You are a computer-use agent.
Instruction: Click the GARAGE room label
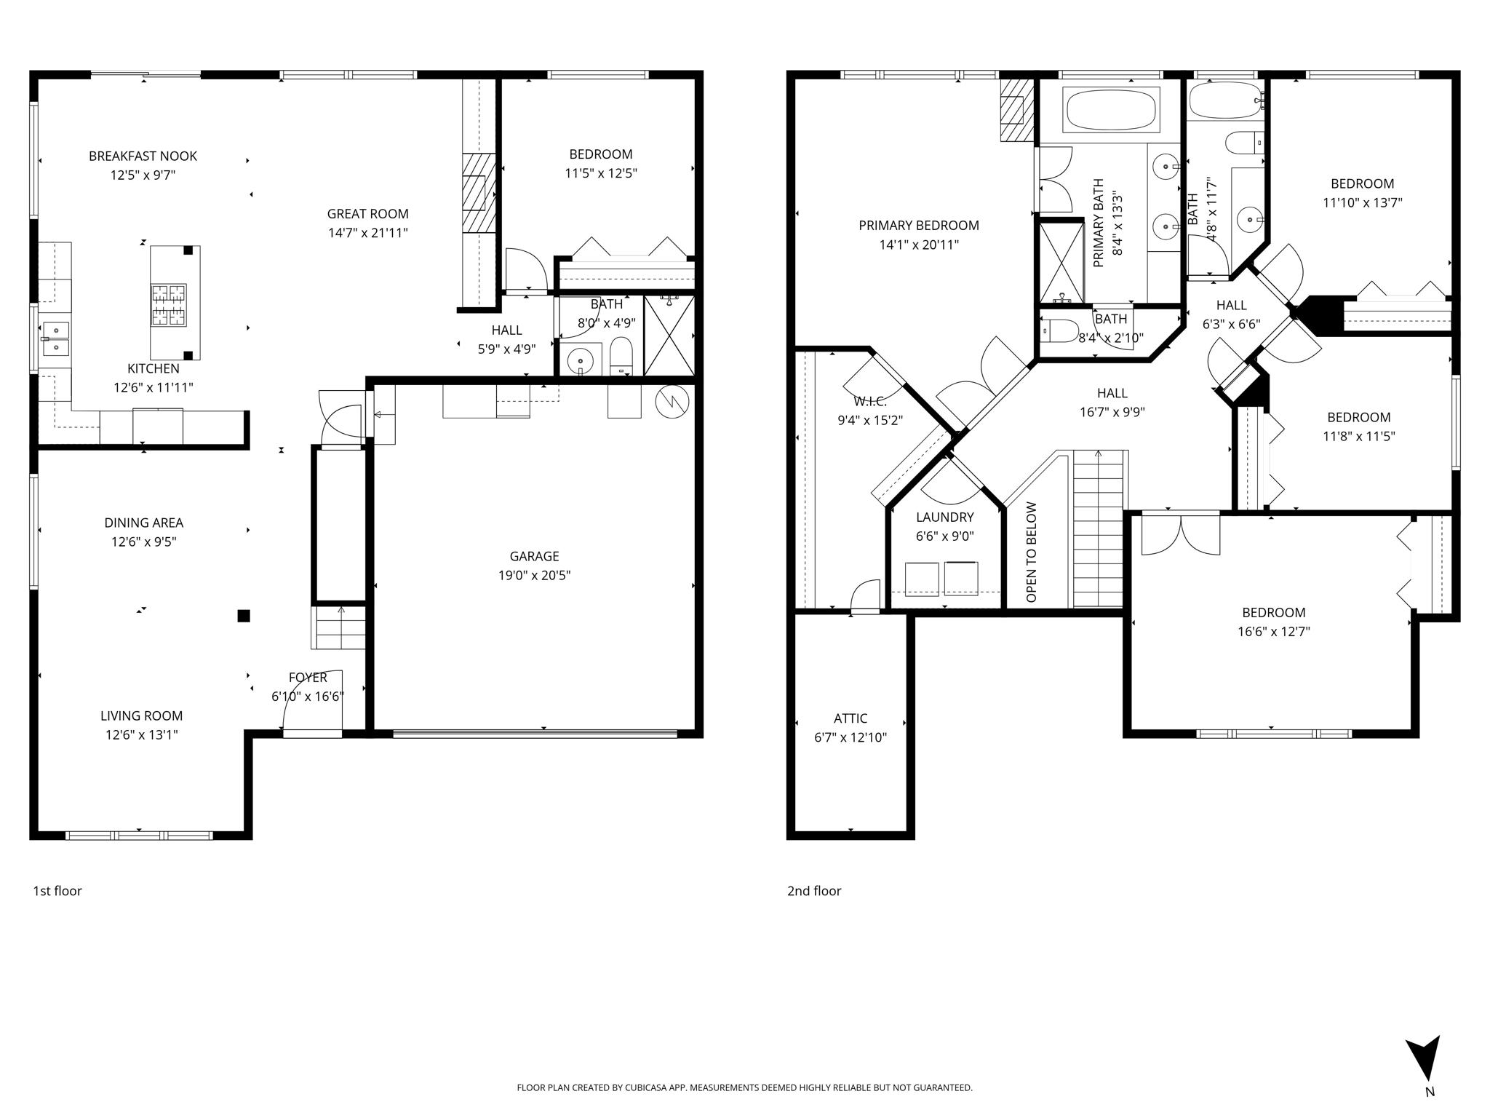coord(534,556)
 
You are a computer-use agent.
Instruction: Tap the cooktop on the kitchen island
coord(168,305)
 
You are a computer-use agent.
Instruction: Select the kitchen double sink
coord(55,339)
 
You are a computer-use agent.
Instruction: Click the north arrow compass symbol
coord(1424,1062)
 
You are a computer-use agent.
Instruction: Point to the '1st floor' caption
coord(57,891)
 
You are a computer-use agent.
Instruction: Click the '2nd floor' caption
coord(814,891)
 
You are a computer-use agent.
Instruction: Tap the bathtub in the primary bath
coord(1111,110)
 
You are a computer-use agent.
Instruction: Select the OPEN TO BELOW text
coord(1031,552)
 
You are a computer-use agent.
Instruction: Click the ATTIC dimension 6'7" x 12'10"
coord(850,737)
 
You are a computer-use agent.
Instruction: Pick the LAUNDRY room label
coord(944,517)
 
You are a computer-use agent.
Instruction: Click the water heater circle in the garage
coord(672,401)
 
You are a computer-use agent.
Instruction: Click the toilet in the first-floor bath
coord(621,357)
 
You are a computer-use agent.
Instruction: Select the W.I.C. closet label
coord(870,401)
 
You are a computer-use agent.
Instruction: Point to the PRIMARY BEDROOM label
coord(919,226)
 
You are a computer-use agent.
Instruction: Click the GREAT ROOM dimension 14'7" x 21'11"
coord(367,233)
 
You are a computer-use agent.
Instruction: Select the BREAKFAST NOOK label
coord(143,156)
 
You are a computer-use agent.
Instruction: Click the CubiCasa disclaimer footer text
coord(744,1087)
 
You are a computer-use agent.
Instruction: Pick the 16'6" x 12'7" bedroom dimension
coord(1273,632)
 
